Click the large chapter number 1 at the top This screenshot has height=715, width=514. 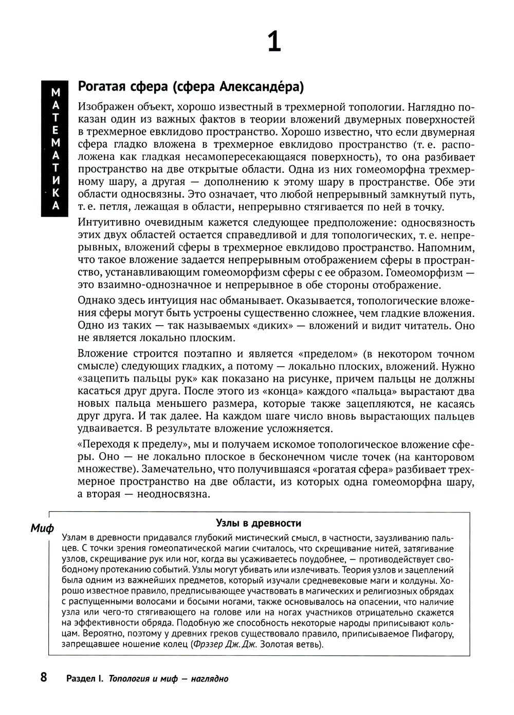(274, 41)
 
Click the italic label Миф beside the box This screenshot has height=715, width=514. (42, 529)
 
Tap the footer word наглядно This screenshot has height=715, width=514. (210, 678)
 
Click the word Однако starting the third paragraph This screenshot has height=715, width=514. (95, 300)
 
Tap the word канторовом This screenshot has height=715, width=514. (439, 457)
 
